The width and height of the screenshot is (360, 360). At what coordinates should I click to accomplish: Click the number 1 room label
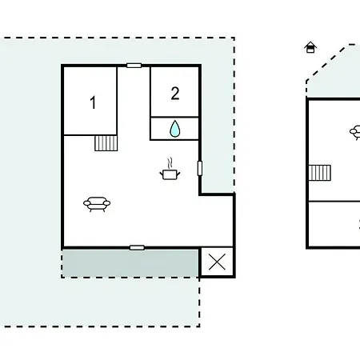93,102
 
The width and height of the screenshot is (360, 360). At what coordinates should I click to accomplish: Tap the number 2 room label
175,94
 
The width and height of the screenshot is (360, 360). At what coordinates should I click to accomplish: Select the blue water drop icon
174,129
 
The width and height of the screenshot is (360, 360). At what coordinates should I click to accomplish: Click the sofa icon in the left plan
97,204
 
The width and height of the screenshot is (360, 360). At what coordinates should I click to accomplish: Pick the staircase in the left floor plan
106,143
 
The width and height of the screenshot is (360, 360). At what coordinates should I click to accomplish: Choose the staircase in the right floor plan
320,173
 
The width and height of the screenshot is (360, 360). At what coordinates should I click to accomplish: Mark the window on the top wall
134,66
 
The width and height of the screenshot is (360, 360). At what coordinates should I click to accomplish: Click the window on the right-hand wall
200,168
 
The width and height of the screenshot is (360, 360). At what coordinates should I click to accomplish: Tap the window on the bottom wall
137,248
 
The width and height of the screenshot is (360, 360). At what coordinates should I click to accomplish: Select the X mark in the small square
217,262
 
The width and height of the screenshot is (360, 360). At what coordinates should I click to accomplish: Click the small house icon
310,47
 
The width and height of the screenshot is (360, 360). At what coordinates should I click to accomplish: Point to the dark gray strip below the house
130,263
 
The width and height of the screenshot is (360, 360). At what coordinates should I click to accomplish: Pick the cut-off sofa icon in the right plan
355,133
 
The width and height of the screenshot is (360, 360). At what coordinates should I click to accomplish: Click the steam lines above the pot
170,163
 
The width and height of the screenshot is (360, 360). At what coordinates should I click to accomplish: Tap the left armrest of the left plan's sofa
87,203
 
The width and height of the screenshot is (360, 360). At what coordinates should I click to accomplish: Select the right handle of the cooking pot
178,174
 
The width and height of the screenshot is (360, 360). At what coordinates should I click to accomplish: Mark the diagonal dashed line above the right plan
326,63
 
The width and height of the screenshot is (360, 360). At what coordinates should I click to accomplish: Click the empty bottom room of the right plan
334,224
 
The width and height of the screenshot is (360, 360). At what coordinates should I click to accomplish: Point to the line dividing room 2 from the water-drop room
174,117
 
